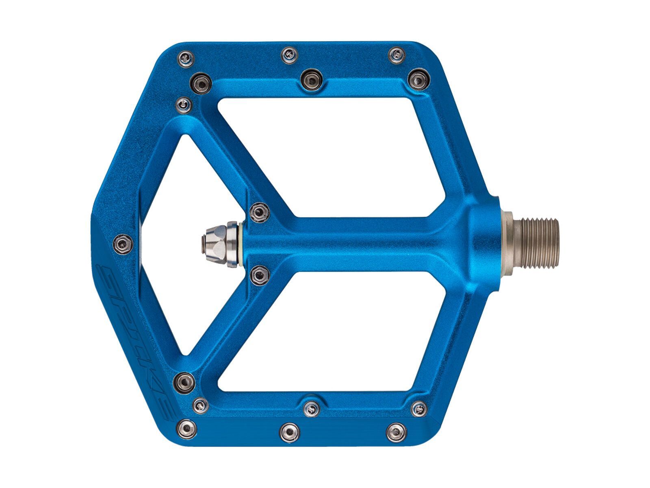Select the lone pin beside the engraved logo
point(123,243)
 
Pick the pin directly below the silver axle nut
point(260,275)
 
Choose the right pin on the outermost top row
point(396,55)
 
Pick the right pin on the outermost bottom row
point(395,431)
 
